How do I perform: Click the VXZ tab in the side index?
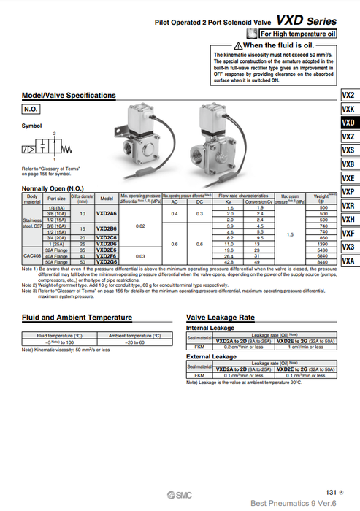348,137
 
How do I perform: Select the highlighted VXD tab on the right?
348,123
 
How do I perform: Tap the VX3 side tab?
348,247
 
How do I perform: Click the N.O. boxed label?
31,109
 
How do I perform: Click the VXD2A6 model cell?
107,214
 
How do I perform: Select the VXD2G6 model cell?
107,261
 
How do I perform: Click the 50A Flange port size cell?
56,261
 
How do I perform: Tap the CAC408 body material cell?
31,255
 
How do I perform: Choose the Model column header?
107,198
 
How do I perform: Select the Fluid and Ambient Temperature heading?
77,318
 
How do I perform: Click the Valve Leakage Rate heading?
221,318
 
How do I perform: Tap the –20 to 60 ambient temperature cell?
134,342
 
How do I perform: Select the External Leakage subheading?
212,356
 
